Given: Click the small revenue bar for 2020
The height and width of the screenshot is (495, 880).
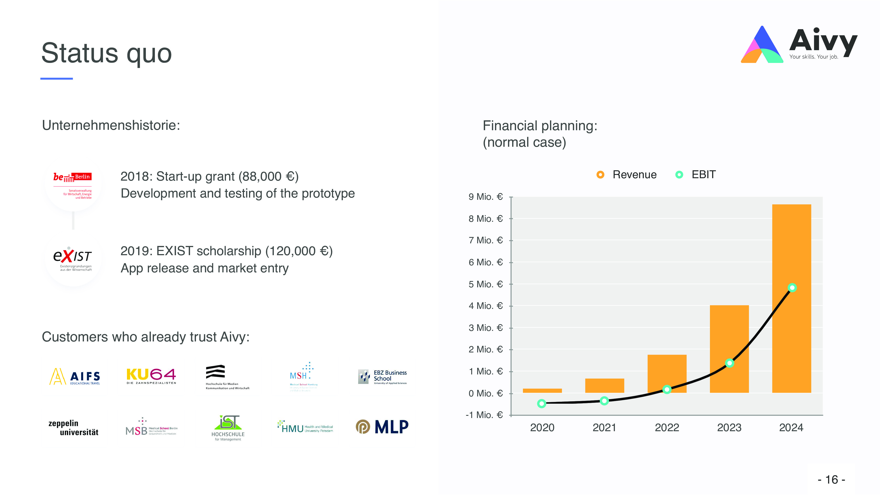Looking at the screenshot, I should pyautogui.click(x=542, y=390).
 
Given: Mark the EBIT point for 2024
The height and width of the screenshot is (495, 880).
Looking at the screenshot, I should pyautogui.click(x=792, y=288).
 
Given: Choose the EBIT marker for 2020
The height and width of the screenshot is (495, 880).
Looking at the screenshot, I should pyautogui.click(x=541, y=403).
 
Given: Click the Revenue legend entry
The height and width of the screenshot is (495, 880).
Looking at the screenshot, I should pyautogui.click(x=627, y=174).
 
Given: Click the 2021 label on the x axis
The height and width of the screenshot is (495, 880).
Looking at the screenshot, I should pyautogui.click(x=604, y=427).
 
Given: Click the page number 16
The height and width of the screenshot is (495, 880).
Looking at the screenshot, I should pyautogui.click(x=832, y=480).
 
